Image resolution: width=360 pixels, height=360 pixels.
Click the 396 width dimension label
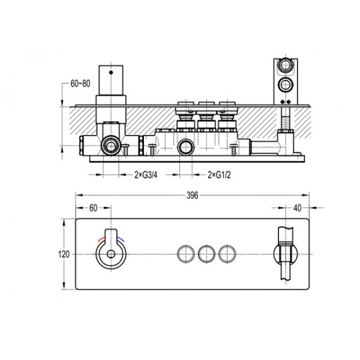pyautogui.click(x=192, y=196)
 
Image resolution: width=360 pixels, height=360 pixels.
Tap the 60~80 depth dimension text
pyautogui.click(x=80, y=83)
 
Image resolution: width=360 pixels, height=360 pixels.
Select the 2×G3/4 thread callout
pyautogui.click(x=146, y=175)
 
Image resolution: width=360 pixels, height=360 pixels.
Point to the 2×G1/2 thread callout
pyautogui.click(x=219, y=175)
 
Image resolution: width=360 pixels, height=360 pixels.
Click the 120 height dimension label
pyautogui.click(x=64, y=254)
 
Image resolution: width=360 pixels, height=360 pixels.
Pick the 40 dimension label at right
pyautogui.click(x=298, y=208)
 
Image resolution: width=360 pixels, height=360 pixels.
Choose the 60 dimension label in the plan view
pyautogui.click(x=93, y=208)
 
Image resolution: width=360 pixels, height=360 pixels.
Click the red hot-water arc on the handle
pyautogui.click(x=101, y=239)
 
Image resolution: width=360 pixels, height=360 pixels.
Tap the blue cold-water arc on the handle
pyautogui.click(x=121, y=239)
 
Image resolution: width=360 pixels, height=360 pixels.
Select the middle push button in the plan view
pyautogui.click(x=206, y=254)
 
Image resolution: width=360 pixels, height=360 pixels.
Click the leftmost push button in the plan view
pyautogui.click(x=186, y=254)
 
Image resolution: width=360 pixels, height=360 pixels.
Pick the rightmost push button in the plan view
pyautogui.click(x=227, y=254)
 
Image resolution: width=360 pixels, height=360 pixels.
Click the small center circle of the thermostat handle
pyautogui.click(x=111, y=254)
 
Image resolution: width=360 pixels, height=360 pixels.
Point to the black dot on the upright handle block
pyautogui.click(x=111, y=73)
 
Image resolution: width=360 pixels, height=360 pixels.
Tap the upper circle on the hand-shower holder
pyautogui.click(x=286, y=65)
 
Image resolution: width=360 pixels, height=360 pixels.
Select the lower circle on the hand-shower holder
pyautogui.click(x=286, y=85)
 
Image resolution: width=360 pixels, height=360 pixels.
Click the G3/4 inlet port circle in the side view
pyautogui.click(x=111, y=145)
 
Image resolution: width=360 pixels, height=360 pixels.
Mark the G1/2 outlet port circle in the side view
pyautogui.click(x=186, y=147)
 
